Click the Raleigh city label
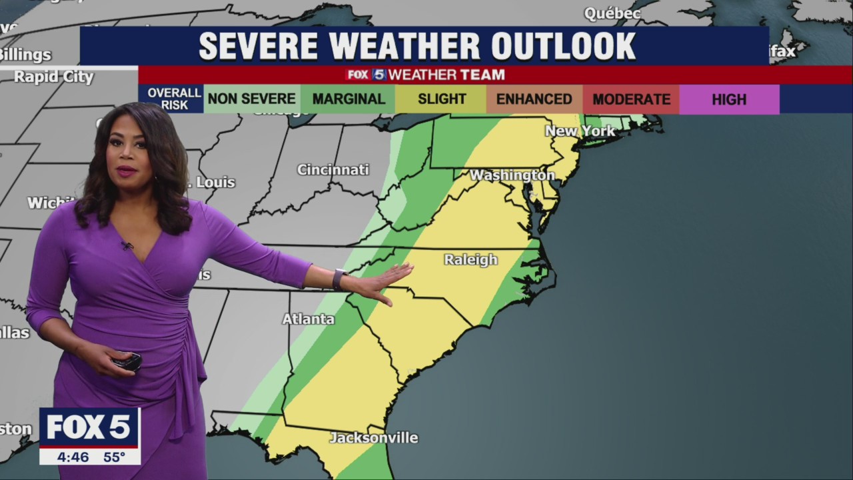tap(470, 259)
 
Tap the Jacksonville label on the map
tap(374, 437)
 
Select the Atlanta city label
tap(308, 319)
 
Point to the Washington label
tap(512, 175)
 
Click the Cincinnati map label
tap(333, 169)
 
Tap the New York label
tap(580, 131)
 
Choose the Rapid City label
tap(54, 77)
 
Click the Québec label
tap(612, 13)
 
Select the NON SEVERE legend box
tap(252, 99)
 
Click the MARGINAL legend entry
tap(349, 99)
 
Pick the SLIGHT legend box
tap(441, 99)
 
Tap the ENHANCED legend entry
tap(534, 99)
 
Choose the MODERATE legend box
tap(631, 99)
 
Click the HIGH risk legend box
tap(729, 99)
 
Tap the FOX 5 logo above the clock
tap(89, 427)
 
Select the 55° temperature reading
tap(114, 457)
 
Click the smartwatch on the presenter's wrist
tap(339, 278)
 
